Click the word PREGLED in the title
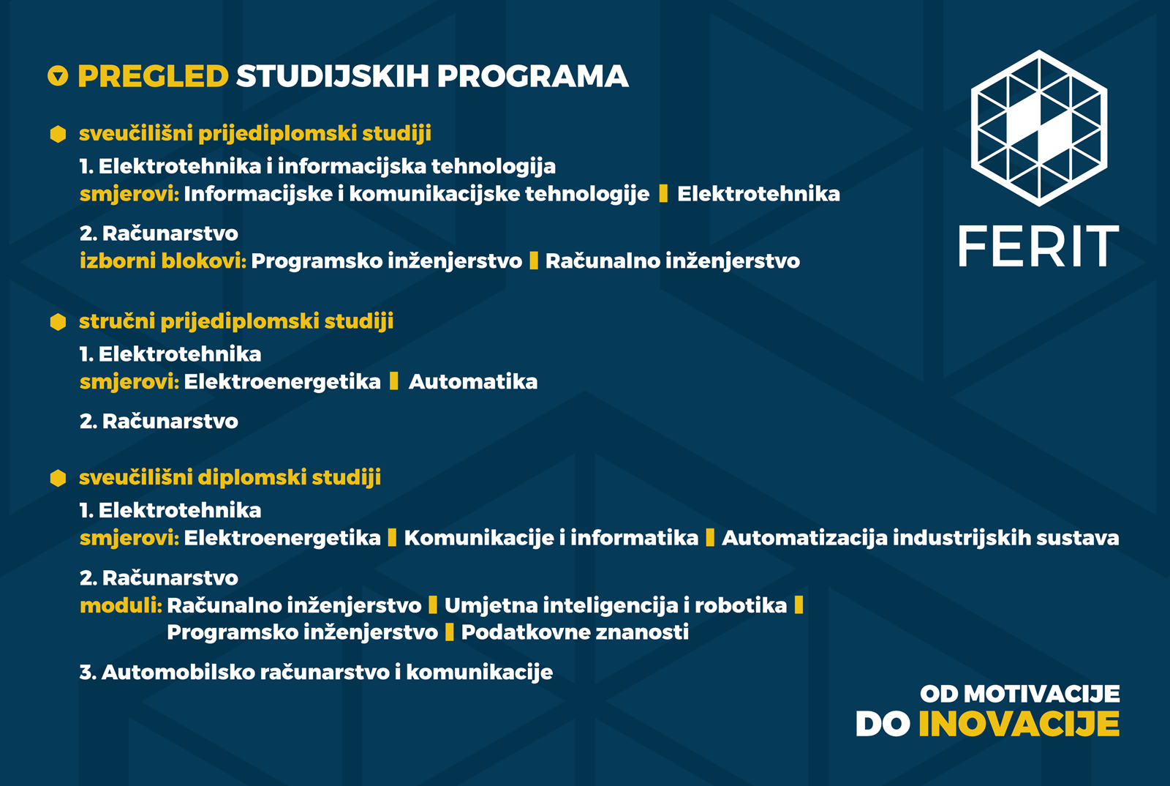[x=153, y=76]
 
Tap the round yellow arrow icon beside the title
[x=58, y=76]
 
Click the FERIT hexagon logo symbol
[x=1039, y=128]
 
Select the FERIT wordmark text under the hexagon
[x=1038, y=246]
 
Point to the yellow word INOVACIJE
[x=1019, y=724]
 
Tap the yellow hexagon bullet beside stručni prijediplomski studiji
[x=58, y=322]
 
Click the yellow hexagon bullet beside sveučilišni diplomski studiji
[x=58, y=478]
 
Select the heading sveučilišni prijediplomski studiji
[x=255, y=133]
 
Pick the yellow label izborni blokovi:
[x=163, y=261]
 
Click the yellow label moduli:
[x=121, y=605]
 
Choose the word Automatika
[x=473, y=381]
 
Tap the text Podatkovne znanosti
[x=575, y=632]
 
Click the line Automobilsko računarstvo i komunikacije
[x=316, y=672]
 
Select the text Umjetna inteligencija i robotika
[x=616, y=605]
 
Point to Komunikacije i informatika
[x=551, y=538]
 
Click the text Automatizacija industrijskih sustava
[x=921, y=538]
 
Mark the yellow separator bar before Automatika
[x=394, y=381]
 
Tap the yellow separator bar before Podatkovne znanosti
[x=449, y=632]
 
